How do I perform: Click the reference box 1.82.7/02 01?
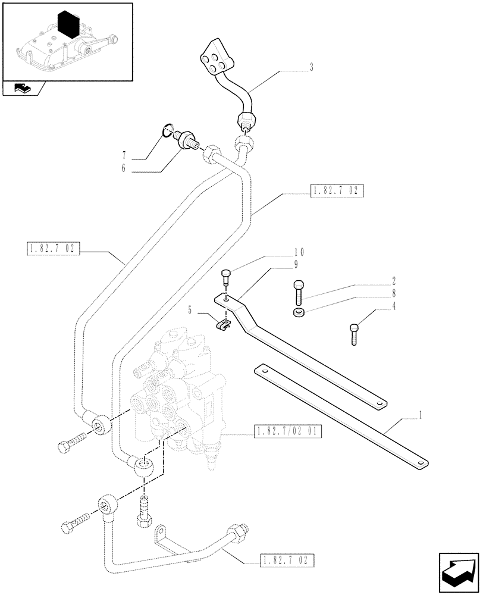click(x=287, y=431)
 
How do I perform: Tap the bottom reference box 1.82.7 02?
click(x=286, y=560)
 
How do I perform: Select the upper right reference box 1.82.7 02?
click(x=335, y=190)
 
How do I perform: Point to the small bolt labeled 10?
click(x=225, y=278)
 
